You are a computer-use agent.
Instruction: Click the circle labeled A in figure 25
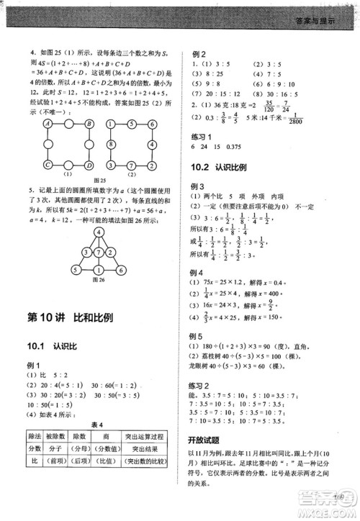coord(48,123)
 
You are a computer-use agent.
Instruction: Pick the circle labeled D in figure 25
coord(89,165)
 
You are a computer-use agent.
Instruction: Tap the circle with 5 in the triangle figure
coord(74,271)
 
